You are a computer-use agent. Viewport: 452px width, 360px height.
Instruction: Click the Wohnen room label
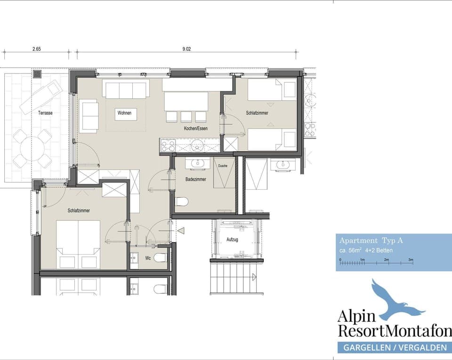(x=125, y=113)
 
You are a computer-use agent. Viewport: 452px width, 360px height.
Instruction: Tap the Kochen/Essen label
(x=196, y=128)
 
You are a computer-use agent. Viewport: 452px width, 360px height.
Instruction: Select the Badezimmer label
(x=196, y=179)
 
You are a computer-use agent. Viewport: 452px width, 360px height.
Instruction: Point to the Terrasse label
(x=46, y=113)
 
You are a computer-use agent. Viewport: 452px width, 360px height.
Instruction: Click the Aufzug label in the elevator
(x=232, y=240)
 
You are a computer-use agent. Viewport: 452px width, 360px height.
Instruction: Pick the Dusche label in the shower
(x=223, y=166)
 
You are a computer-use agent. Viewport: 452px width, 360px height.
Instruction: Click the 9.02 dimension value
(x=186, y=48)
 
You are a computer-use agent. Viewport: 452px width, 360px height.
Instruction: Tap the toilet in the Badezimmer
(x=182, y=202)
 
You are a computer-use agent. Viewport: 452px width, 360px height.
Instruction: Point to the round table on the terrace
(x=32, y=149)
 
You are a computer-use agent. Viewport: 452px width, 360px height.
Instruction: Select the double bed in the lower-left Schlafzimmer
(x=78, y=244)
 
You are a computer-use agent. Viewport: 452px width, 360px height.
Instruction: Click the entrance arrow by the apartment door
(x=181, y=231)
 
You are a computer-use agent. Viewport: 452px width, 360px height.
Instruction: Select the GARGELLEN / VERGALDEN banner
(x=395, y=348)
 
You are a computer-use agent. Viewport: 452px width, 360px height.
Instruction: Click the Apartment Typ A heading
(x=371, y=240)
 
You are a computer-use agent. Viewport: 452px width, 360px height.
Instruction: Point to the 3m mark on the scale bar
(x=410, y=260)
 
